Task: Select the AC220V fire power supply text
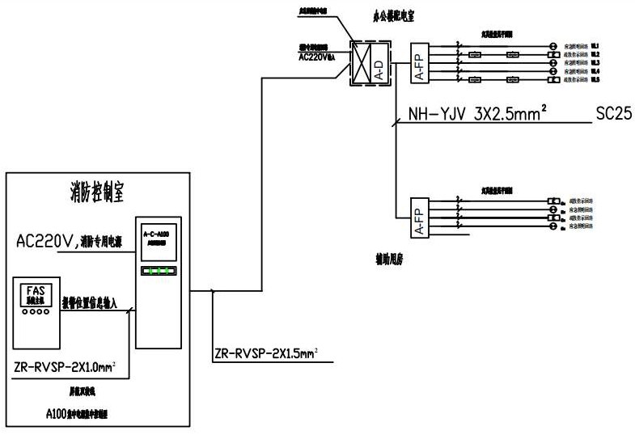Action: pyautogui.click(x=70, y=239)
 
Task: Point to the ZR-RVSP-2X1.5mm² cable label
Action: pyautogui.click(x=265, y=352)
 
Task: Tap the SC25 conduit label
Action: pyautogui.click(x=613, y=114)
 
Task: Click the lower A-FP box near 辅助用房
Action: pyautogui.click(x=419, y=217)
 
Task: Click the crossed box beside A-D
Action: pyautogui.click(x=358, y=62)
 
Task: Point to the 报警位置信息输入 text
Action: pyautogui.click(x=90, y=303)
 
